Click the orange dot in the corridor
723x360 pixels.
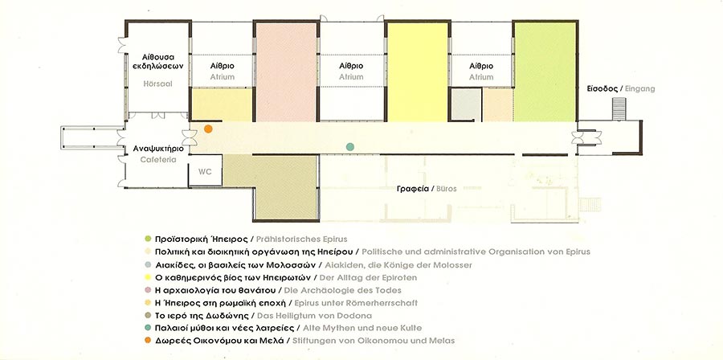(208, 129)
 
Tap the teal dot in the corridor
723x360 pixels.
(350, 146)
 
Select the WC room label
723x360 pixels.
(205, 171)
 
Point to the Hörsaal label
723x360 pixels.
(157, 84)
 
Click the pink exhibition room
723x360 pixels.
(286, 72)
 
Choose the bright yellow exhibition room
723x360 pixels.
(418, 72)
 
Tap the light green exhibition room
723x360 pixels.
(545, 72)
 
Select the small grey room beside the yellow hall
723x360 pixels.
(466, 105)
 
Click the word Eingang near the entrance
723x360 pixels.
(639, 89)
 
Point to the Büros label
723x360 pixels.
(445, 189)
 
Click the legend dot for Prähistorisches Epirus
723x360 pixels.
(148, 239)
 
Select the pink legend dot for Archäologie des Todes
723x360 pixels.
(148, 290)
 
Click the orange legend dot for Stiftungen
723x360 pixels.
(148, 341)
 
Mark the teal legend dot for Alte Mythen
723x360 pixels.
(148, 328)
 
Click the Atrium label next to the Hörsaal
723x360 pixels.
(223, 77)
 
